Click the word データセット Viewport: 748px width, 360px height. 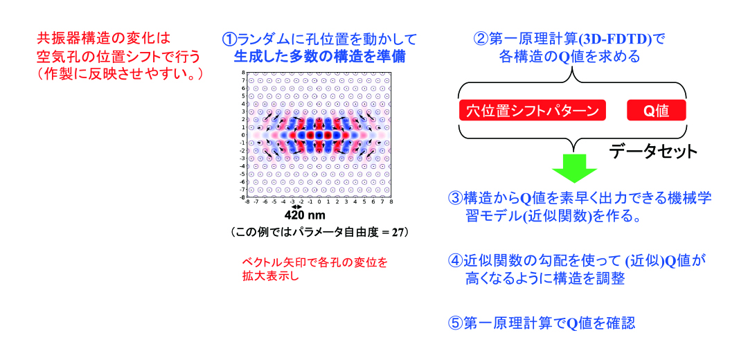(x=652, y=152)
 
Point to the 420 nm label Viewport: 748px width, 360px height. (x=305, y=215)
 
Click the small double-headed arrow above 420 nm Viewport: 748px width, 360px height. (x=296, y=207)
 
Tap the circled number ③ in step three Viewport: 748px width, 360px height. (x=454, y=199)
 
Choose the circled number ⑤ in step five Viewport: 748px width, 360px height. (x=454, y=323)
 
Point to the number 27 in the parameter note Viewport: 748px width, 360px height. (x=398, y=233)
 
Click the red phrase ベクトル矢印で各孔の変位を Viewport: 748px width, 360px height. (x=314, y=262)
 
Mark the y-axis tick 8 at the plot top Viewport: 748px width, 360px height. (x=244, y=72)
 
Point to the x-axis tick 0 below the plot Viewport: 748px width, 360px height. (x=319, y=202)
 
